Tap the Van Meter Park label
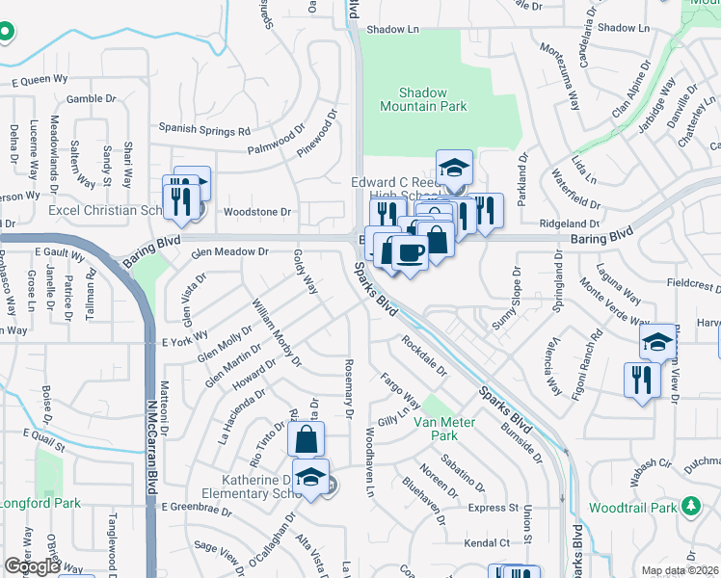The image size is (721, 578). (435, 429)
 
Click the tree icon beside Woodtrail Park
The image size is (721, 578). (690, 506)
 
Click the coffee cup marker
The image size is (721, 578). (411, 252)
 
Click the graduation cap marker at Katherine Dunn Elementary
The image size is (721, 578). (310, 477)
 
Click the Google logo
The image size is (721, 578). (32, 566)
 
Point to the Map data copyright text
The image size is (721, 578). (680, 570)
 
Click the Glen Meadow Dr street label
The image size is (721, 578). (229, 251)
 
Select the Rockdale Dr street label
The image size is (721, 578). (425, 355)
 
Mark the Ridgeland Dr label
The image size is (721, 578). (564, 223)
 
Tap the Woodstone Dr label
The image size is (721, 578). (256, 211)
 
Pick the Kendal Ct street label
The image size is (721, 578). (485, 543)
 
